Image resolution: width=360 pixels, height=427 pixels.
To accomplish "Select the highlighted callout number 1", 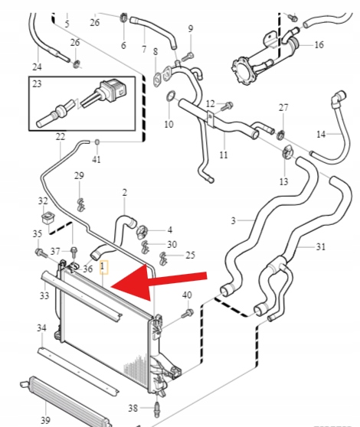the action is point(103,266).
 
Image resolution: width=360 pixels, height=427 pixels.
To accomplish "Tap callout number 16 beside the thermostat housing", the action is point(319,44).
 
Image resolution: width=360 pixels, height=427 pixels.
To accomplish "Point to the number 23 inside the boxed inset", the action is point(37,84).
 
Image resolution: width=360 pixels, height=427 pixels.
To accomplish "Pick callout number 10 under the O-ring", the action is point(169,124).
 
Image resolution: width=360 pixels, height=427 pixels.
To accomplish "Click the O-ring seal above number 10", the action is point(170,96).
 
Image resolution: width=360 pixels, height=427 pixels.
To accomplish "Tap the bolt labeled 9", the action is point(188,57).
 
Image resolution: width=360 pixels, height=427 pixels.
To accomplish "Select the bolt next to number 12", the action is point(226,106).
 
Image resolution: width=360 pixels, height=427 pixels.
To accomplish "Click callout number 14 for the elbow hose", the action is point(321,134).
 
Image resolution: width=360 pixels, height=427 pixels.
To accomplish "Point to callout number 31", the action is point(321,246).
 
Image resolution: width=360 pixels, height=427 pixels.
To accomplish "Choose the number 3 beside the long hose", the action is point(233,220).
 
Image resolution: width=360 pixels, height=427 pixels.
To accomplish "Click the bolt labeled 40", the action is point(188,313).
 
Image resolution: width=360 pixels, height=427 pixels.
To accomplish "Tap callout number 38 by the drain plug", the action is point(133,408).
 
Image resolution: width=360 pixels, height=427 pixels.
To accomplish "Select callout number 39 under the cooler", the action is point(45,419).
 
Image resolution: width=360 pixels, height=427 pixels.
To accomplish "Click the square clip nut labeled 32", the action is point(48,218).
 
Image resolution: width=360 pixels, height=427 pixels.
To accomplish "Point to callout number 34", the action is point(41,328).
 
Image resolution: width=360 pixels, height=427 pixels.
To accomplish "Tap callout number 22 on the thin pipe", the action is point(61,136).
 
